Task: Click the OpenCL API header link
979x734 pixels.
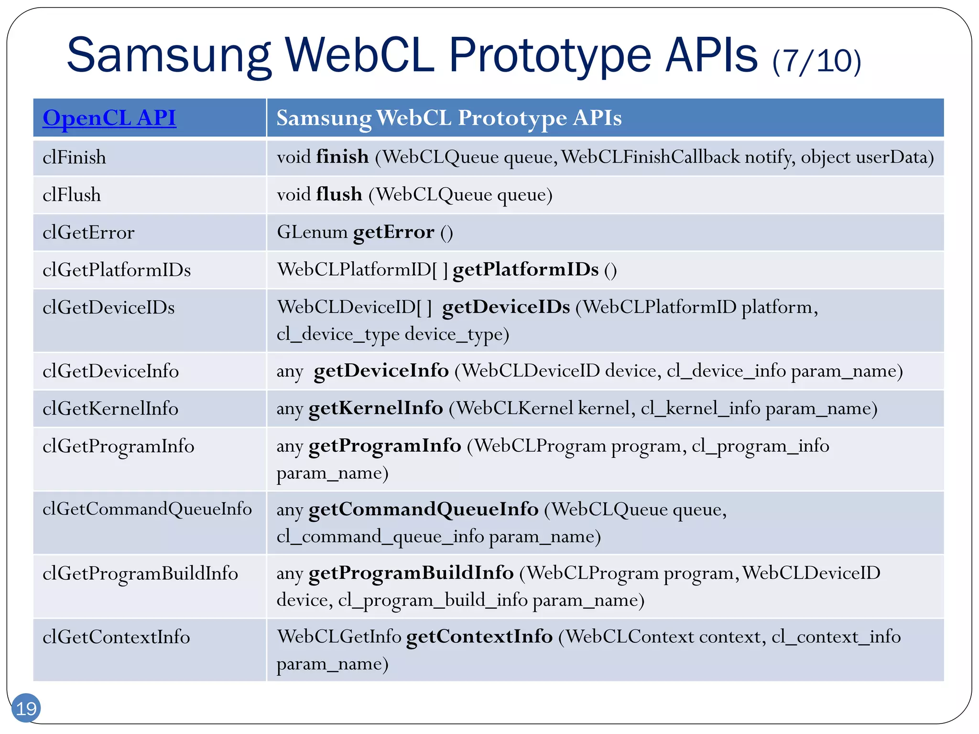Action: (x=109, y=118)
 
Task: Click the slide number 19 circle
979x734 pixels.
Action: (x=26, y=708)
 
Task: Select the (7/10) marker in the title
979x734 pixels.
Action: (x=816, y=61)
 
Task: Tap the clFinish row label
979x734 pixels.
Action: (x=74, y=158)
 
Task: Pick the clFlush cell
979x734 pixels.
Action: (x=72, y=195)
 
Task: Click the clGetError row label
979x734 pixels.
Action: (x=88, y=233)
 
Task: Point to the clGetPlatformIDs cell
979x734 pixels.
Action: (x=117, y=270)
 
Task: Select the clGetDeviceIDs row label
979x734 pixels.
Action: (x=109, y=307)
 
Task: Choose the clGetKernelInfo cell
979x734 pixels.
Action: (x=110, y=409)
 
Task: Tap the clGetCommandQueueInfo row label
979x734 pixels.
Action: (x=147, y=509)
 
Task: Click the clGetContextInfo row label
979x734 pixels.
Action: (x=116, y=637)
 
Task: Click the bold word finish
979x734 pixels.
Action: (x=342, y=157)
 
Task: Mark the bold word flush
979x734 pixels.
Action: (x=339, y=194)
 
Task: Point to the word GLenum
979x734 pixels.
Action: (x=312, y=232)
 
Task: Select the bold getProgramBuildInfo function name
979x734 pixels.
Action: (x=411, y=573)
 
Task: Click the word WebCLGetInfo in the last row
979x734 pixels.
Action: (x=339, y=637)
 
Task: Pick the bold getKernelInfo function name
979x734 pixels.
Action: (x=376, y=408)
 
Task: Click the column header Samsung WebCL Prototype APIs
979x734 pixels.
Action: (x=449, y=118)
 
